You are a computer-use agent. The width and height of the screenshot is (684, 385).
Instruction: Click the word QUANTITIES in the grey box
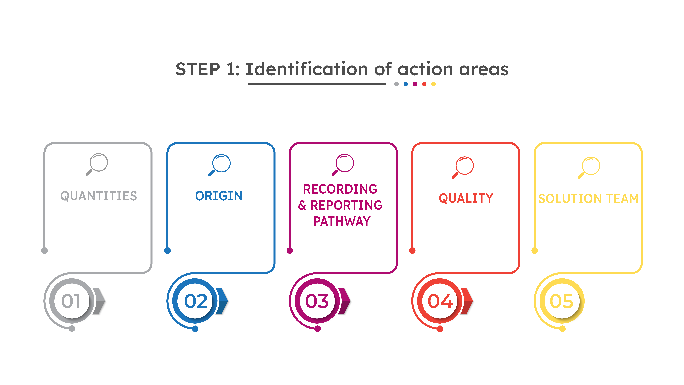[x=98, y=196]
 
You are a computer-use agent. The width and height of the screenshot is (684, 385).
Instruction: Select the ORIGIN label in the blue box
[x=219, y=196]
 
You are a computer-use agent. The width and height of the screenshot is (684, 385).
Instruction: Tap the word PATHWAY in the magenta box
[x=342, y=221]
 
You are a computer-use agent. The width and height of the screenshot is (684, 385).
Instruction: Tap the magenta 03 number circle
[x=317, y=301]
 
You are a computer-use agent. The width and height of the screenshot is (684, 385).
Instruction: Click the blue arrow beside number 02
[x=222, y=301]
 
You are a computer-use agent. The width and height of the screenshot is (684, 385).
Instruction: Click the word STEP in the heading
[x=198, y=69]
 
